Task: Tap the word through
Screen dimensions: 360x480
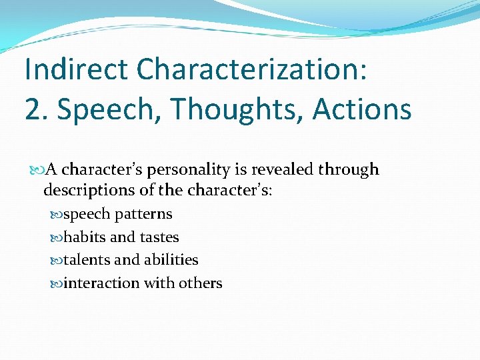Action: click(349, 170)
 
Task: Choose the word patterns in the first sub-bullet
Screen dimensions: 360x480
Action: click(143, 215)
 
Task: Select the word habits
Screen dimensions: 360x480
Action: click(83, 237)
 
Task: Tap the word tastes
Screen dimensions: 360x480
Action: click(159, 237)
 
